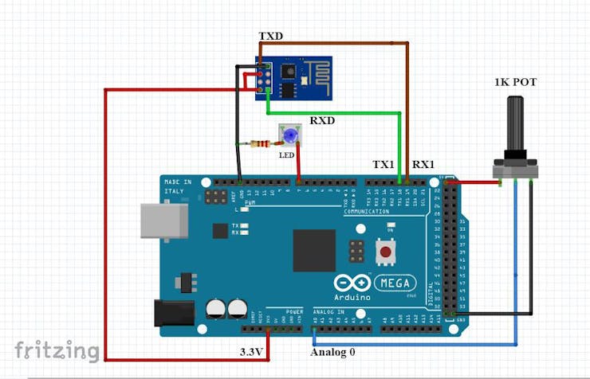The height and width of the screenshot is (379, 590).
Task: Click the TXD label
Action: coord(271,37)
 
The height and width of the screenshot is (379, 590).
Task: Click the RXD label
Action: coord(322,120)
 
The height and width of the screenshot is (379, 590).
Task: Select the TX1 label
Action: coord(384,165)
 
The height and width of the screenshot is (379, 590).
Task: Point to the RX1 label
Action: coord(423,165)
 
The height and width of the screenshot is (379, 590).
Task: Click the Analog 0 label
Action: coord(334,351)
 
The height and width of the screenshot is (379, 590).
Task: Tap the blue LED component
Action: coord(287,136)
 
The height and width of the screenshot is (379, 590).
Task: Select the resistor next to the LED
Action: coord(261,144)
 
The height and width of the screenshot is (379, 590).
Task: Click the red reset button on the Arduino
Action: coord(387,252)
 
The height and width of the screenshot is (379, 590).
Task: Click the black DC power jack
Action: coord(173,312)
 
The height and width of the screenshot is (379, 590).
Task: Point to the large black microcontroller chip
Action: coord(314,250)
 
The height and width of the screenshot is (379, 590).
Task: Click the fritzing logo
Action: coord(57,349)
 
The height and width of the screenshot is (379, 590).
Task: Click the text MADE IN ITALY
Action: coord(178,187)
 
